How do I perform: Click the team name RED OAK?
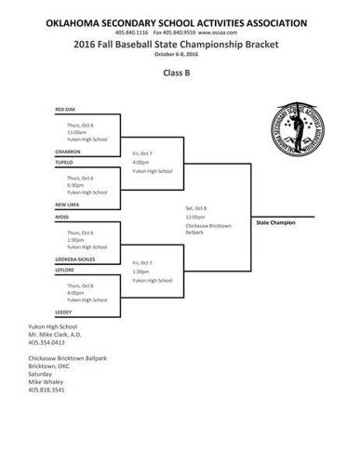(x=65, y=109)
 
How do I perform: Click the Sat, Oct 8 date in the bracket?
(x=197, y=207)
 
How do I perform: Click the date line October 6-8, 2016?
(x=180, y=51)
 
